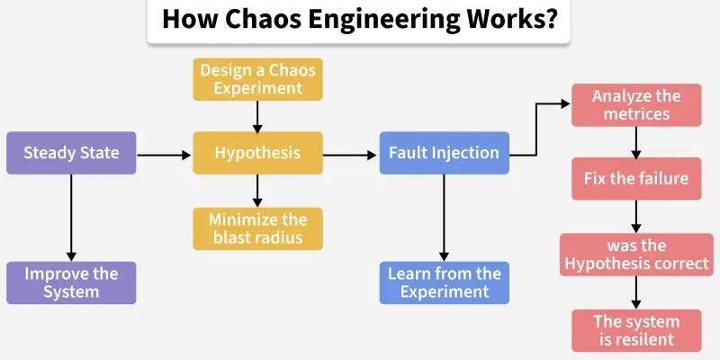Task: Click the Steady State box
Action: pyautogui.click(x=71, y=153)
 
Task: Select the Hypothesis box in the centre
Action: pyautogui.click(x=257, y=153)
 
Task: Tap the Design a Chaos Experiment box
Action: pyautogui.click(x=257, y=78)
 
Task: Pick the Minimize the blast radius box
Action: pyautogui.click(x=257, y=229)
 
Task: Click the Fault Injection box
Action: pyautogui.click(x=445, y=153)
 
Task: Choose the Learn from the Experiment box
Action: pyautogui.click(x=445, y=283)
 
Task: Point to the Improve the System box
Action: pyautogui.click(x=71, y=283)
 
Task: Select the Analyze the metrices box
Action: pyautogui.click(x=636, y=104)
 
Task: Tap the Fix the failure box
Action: pyautogui.click(x=636, y=178)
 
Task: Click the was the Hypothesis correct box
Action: pyautogui.click(x=636, y=255)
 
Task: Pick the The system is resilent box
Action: pyautogui.click(x=636, y=330)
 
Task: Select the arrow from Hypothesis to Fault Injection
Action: pyautogui.click(x=351, y=155)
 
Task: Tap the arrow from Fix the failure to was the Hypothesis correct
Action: pyautogui.click(x=636, y=216)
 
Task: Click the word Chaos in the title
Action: pyautogui.click(x=253, y=21)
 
